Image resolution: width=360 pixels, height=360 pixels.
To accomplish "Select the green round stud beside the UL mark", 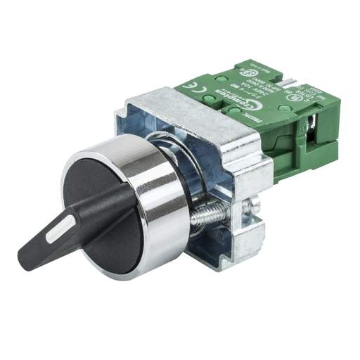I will [283, 108].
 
